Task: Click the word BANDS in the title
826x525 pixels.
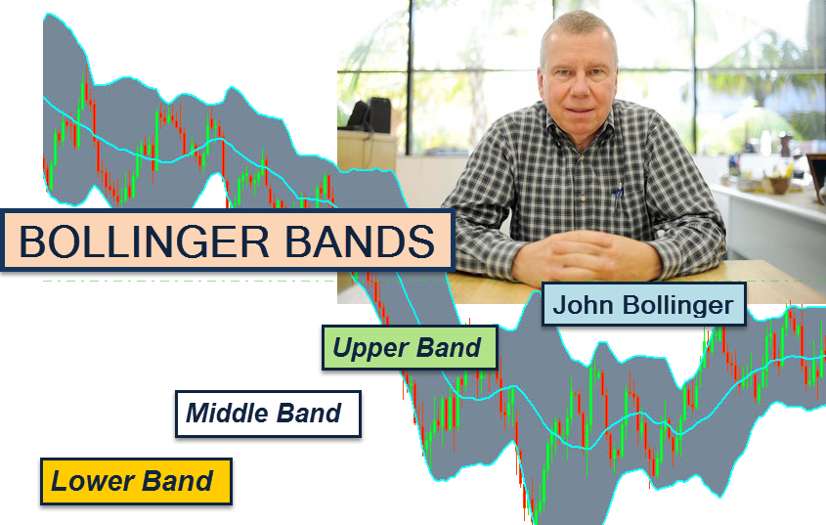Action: [361, 241]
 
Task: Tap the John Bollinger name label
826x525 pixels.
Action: [644, 305]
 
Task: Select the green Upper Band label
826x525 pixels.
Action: [410, 348]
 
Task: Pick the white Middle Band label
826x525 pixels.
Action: [268, 414]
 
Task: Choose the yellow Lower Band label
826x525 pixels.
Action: [136, 481]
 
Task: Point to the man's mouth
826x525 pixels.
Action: [580, 110]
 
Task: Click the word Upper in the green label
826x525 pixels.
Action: [370, 348]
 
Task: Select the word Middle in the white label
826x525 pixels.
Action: [227, 414]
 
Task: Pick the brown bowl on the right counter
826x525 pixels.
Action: [778, 185]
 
